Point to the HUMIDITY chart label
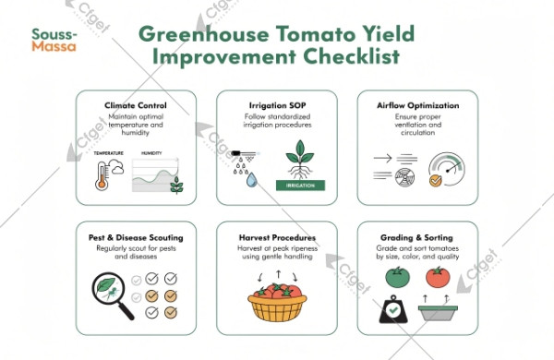(x=151, y=153)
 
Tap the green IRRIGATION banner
(x=301, y=186)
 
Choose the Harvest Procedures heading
(x=276, y=237)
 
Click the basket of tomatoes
(x=275, y=302)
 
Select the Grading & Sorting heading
(x=415, y=237)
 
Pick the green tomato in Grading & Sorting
(x=395, y=275)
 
